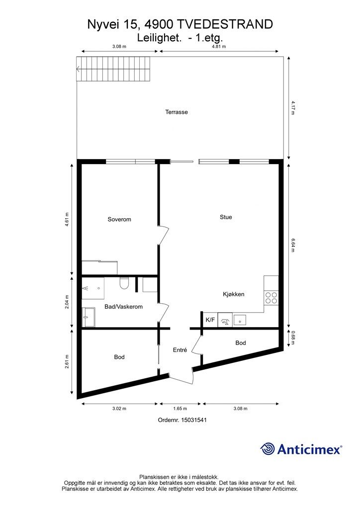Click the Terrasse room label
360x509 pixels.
(x=177, y=112)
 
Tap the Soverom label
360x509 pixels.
(x=119, y=219)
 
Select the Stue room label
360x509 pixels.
(x=226, y=217)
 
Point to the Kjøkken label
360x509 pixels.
(x=234, y=294)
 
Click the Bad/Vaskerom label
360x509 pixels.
(x=124, y=307)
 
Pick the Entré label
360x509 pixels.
(x=180, y=350)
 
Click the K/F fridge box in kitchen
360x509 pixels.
(x=210, y=320)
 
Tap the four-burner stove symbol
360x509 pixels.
(x=271, y=298)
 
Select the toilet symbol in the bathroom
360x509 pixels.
(x=124, y=283)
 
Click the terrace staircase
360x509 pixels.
(x=114, y=69)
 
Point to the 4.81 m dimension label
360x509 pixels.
(x=219, y=46)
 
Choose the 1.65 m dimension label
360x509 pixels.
(x=180, y=409)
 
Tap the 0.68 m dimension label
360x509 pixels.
(x=293, y=338)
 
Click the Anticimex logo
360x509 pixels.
(x=301, y=449)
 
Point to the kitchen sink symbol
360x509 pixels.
(x=240, y=320)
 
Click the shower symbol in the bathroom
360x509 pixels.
(x=93, y=288)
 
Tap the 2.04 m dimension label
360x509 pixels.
(x=67, y=302)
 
